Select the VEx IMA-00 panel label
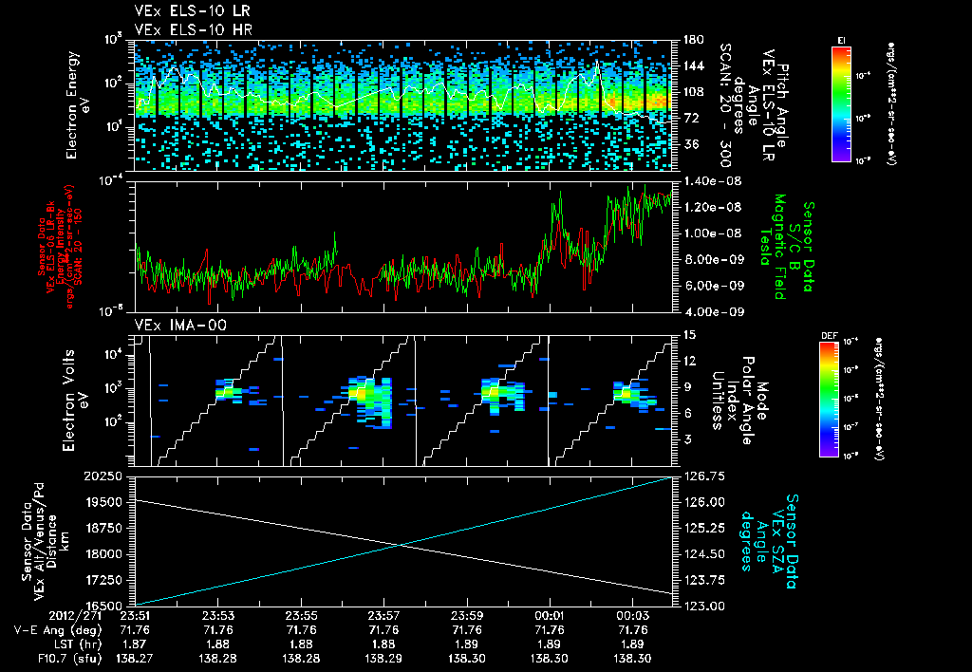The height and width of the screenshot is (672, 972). point(170,326)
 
